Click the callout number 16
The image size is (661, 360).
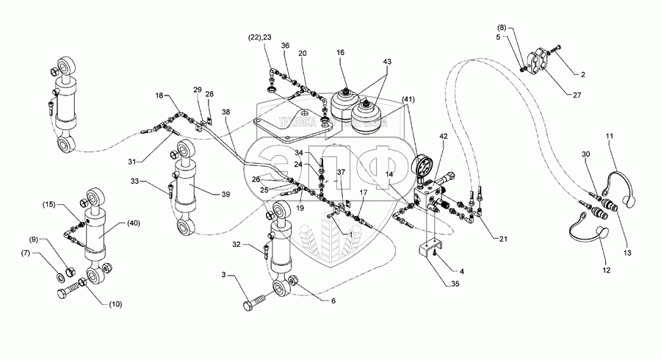(x=341, y=54)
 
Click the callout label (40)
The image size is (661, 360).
(x=133, y=223)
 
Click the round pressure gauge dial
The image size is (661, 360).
(x=423, y=168)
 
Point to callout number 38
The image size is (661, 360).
(x=225, y=112)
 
